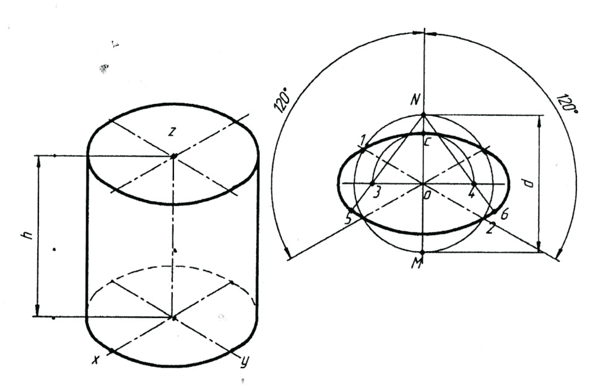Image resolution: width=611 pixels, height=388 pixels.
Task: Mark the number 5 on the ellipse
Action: click(x=348, y=219)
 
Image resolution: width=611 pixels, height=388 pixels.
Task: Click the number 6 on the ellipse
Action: click(x=505, y=215)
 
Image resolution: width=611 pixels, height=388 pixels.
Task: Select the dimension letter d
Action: click(x=527, y=184)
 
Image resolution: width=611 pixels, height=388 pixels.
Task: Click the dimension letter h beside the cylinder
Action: click(x=25, y=235)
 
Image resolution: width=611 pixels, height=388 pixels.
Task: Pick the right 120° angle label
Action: click(x=565, y=105)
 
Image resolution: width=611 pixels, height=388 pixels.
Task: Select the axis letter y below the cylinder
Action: click(x=243, y=363)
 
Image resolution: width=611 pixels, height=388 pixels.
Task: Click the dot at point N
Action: click(x=423, y=114)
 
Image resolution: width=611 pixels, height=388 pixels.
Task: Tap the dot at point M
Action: click(x=423, y=252)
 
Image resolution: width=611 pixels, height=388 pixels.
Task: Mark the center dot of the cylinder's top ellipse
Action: click(x=173, y=156)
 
